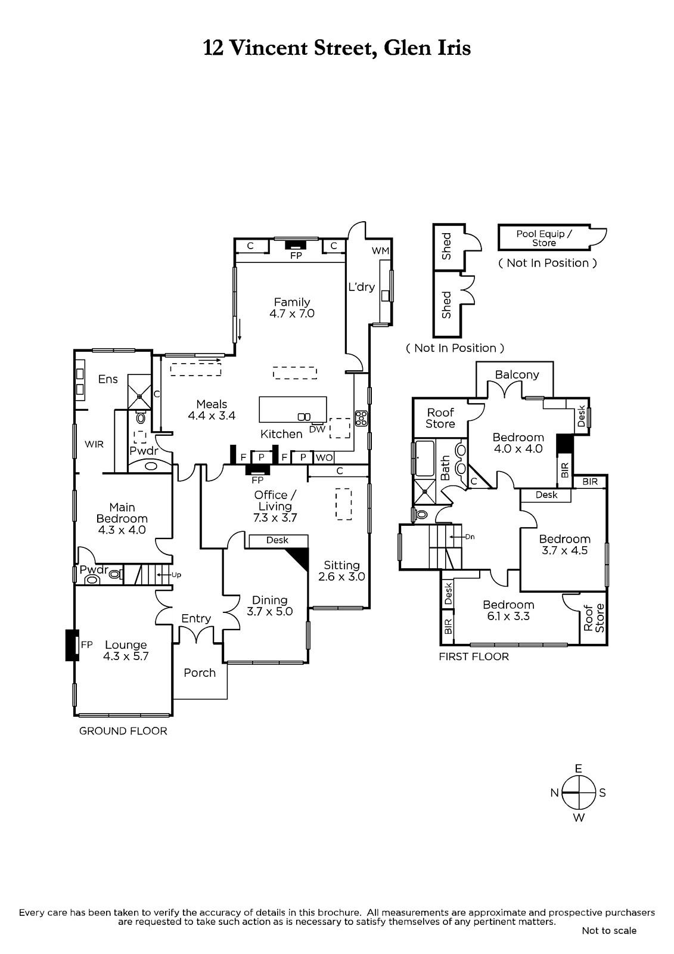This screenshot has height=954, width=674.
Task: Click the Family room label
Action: click(x=292, y=302)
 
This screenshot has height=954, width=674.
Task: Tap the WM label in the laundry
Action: click(x=380, y=250)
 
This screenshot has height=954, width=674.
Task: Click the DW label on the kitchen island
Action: click(x=317, y=429)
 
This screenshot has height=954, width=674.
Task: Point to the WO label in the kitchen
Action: click(x=324, y=457)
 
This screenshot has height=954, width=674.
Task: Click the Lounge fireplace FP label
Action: click(x=87, y=644)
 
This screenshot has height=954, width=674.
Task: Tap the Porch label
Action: click(x=200, y=673)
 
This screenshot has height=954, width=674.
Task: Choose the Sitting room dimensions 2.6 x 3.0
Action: click(x=341, y=577)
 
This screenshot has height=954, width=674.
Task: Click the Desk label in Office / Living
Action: click(x=277, y=540)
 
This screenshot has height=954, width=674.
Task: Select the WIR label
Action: click(x=94, y=444)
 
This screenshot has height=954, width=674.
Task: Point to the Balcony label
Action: click(x=517, y=374)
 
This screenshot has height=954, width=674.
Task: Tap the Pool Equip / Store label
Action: click(x=543, y=238)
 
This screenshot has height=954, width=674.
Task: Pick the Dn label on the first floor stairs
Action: click(x=470, y=537)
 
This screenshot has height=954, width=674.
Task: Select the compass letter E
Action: click(x=578, y=769)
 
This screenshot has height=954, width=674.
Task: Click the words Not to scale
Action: click(x=609, y=930)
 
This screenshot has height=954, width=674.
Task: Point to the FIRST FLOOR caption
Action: click(x=474, y=656)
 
